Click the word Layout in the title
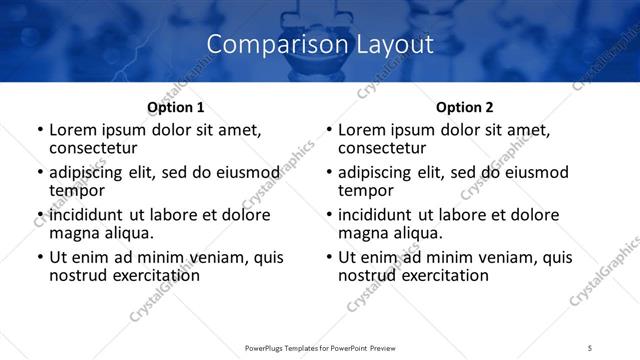click(x=393, y=44)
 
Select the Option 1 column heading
click(x=176, y=107)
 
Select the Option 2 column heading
click(x=465, y=107)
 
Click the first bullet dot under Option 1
click(x=40, y=131)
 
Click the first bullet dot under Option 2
click(x=329, y=131)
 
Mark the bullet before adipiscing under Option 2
click(x=329, y=173)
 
